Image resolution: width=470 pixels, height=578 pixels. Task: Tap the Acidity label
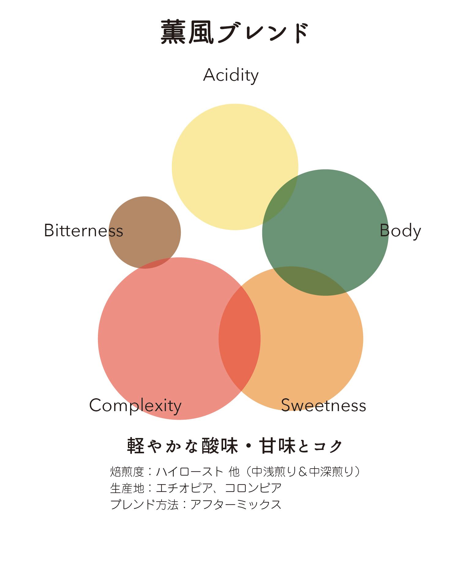pyautogui.click(x=231, y=75)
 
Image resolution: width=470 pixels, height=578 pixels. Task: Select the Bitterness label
pyautogui.click(x=84, y=230)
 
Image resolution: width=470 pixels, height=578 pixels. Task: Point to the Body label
pyautogui.click(x=400, y=231)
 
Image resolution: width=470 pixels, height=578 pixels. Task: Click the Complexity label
pyautogui.click(x=135, y=406)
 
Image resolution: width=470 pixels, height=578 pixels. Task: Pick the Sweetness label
pyautogui.click(x=323, y=406)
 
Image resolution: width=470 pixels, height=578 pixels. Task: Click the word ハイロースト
pyautogui.click(x=189, y=472)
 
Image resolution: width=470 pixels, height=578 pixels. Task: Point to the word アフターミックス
pyautogui.click(x=236, y=504)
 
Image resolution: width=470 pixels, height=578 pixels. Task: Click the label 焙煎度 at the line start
pyautogui.click(x=127, y=472)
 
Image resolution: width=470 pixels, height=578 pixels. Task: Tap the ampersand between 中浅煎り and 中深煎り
pyautogui.click(x=303, y=472)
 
